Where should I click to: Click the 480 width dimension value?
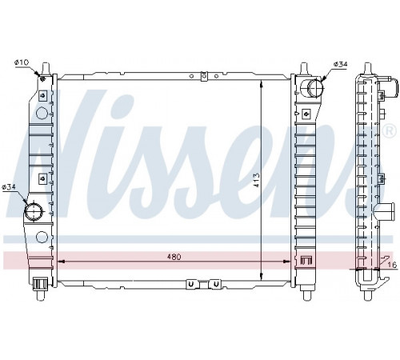[x=174, y=257]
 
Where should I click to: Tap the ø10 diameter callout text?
[x=22, y=62]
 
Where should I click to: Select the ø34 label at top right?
[x=341, y=64]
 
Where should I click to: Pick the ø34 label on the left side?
[x=8, y=187]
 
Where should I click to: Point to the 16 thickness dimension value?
[x=392, y=265]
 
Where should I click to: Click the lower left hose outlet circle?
[x=34, y=211]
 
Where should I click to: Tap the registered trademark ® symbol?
[x=390, y=131]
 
